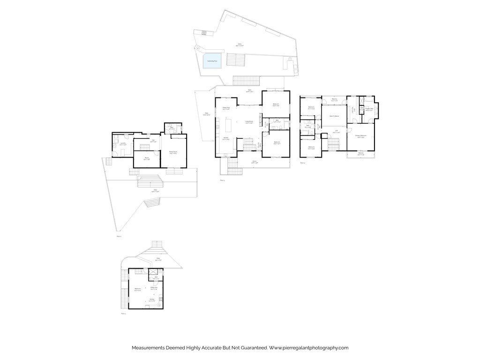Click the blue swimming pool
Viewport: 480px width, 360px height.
coord(212,61)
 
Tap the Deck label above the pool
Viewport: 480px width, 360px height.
coord(240,45)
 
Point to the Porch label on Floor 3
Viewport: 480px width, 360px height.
coord(255,163)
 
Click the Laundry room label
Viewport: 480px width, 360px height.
coord(123,144)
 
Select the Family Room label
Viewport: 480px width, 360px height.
coord(173,152)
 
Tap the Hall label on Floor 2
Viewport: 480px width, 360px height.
coord(153,141)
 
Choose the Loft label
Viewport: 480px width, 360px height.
coord(336,132)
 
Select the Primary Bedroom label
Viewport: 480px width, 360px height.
coord(360,136)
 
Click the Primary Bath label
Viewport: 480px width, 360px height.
coord(369,109)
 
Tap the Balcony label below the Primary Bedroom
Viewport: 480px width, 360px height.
coord(360,153)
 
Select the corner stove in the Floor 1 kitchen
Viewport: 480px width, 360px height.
coord(159,305)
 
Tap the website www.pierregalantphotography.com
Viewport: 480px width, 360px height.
coord(309,348)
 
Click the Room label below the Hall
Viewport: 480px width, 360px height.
coord(147,158)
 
